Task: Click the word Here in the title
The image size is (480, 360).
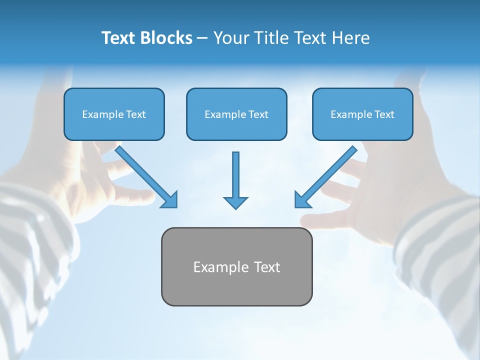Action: tap(351, 38)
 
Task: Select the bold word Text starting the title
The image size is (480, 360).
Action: tap(119, 38)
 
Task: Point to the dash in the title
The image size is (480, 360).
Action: tap(202, 38)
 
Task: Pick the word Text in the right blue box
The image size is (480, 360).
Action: tap(384, 114)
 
